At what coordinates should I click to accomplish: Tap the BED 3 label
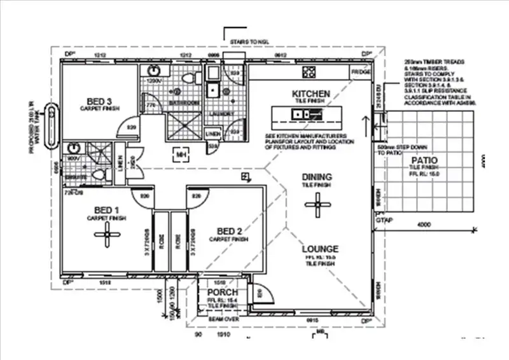coord(100,101)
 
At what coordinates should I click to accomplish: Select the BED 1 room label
coord(107,211)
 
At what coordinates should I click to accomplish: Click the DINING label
coord(316,177)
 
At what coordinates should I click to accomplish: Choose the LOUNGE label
coord(319,248)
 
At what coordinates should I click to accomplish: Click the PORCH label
coord(223,292)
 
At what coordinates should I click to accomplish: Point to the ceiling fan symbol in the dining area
coord(316,204)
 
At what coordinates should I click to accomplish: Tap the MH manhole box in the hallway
coord(181,153)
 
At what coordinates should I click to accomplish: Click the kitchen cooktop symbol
coord(310,71)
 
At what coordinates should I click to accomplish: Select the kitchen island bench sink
coord(301,114)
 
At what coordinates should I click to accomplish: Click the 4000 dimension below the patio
coord(424,224)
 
